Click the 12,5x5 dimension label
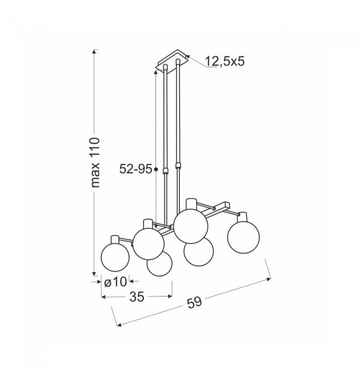pos(225,61)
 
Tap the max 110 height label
pos(95,162)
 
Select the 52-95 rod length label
pos(136,169)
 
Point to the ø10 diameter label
pos(115,282)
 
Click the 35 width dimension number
pos(137,297)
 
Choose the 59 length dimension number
pos(194,303)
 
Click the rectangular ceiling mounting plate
pos(172,61)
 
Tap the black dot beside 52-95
pos(156,169)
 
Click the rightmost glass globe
pos(244,237)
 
